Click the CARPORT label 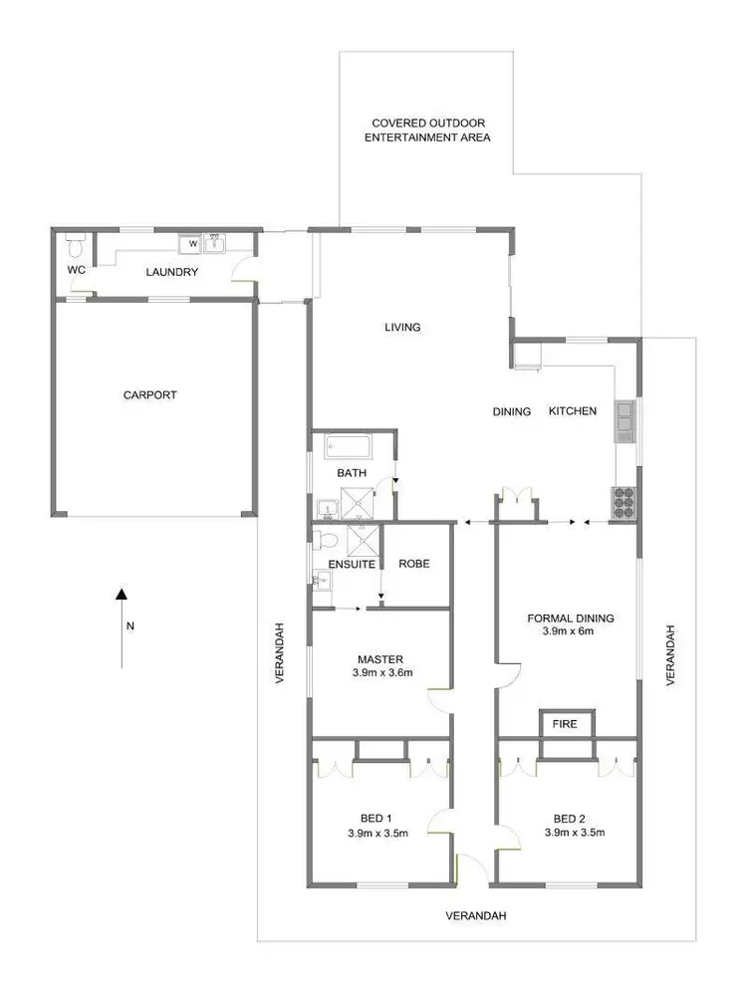[149, 395]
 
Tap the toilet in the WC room [74, 244]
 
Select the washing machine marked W [192, 244]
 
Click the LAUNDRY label [172, 272]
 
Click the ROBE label [413, 564]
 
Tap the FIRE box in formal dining [565, 724]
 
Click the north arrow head [122, 595]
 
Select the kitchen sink [625, 420]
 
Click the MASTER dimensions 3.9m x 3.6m [382, 672]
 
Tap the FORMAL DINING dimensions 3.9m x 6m [571, 631]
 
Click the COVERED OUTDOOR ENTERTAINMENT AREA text [426, 130]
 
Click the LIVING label [403, 327]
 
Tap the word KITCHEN [573, 411]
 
